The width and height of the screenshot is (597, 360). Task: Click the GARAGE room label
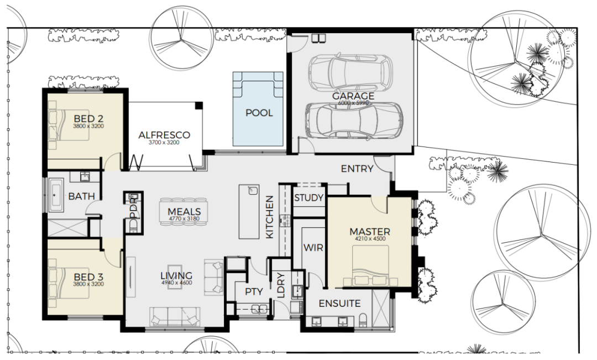353,96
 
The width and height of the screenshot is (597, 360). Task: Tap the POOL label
259,113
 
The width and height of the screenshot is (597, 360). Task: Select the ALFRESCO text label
164,135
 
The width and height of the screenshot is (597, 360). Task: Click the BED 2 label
88,118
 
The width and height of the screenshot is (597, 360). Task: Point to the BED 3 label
88,276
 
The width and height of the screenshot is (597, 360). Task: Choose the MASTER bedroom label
370,232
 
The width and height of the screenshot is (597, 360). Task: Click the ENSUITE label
339,304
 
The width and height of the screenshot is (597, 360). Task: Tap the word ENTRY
357,168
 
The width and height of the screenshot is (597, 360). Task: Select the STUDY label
309,198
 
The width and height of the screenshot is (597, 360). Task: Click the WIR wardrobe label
313,248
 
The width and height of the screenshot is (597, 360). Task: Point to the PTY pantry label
254,291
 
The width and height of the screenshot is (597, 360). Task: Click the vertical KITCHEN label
269,217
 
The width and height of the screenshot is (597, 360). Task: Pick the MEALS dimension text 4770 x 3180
184,218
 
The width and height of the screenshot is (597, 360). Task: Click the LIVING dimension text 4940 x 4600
177,283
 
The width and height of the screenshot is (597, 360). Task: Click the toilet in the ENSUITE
363,320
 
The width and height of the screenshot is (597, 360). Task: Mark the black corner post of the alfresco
199,106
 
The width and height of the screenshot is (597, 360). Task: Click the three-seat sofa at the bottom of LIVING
176,316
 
